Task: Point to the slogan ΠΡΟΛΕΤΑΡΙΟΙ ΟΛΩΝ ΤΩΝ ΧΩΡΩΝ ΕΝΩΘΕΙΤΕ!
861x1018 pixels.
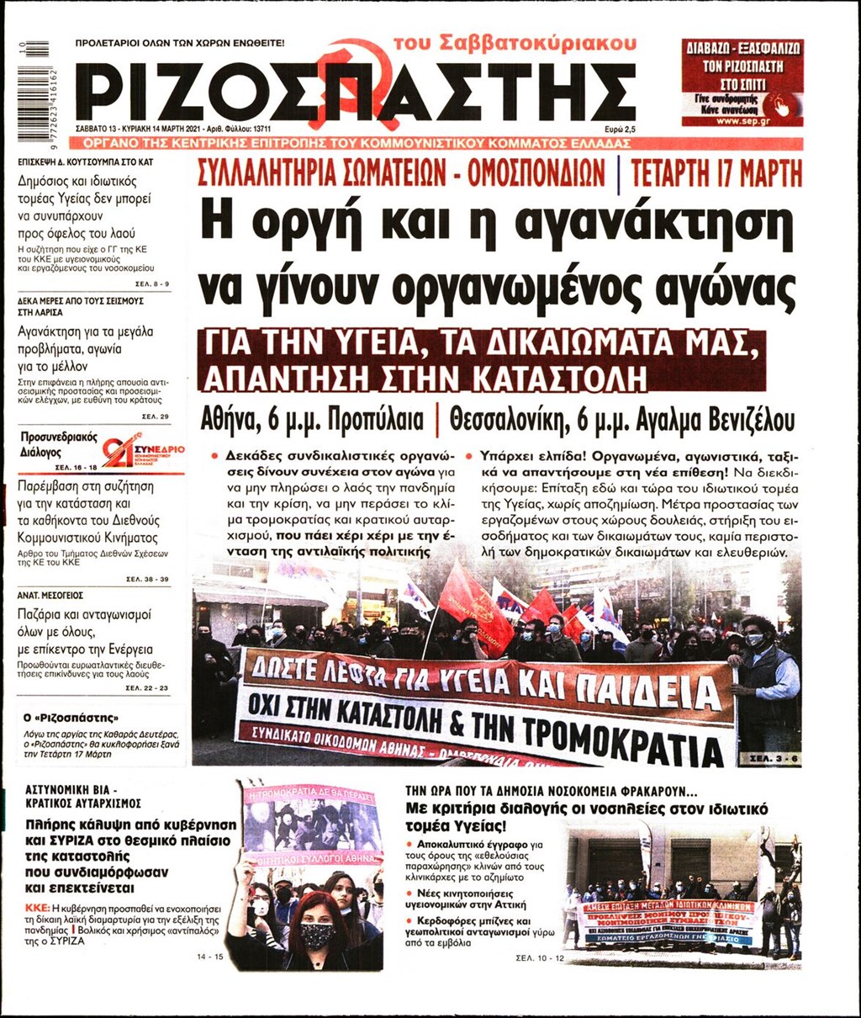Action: [x=180, y=42]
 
